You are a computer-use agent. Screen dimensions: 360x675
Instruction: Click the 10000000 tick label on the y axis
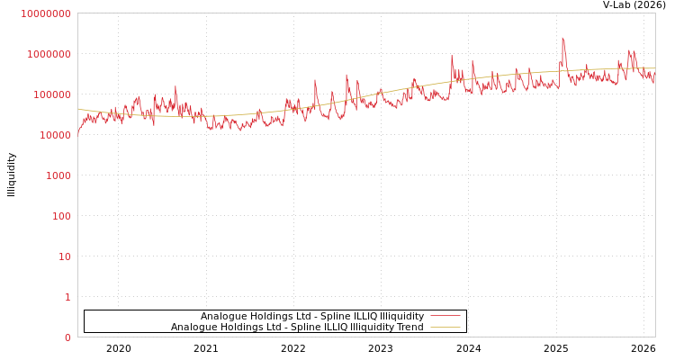46,13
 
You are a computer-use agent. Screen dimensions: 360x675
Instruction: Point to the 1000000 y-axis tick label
49,54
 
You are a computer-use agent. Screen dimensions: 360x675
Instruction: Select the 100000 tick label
51,94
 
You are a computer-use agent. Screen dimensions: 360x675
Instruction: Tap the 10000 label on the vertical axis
54,135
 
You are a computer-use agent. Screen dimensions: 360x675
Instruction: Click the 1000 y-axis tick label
58,175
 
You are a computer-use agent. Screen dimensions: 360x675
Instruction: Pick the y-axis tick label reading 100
60,216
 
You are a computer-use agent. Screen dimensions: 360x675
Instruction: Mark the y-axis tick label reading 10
64,256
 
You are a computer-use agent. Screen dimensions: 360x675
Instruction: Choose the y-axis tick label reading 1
67,297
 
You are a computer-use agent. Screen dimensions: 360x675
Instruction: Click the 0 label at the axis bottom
67,337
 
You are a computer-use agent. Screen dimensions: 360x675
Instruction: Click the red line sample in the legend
445,316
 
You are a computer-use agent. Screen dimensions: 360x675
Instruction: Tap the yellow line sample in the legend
445,327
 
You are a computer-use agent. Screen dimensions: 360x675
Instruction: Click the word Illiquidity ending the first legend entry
401,316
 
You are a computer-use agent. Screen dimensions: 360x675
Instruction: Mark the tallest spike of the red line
562,38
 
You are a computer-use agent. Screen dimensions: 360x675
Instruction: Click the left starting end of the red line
78,132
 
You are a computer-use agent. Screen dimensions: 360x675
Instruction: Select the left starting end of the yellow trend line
78,109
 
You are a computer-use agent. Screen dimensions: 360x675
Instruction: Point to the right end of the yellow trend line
654,68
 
